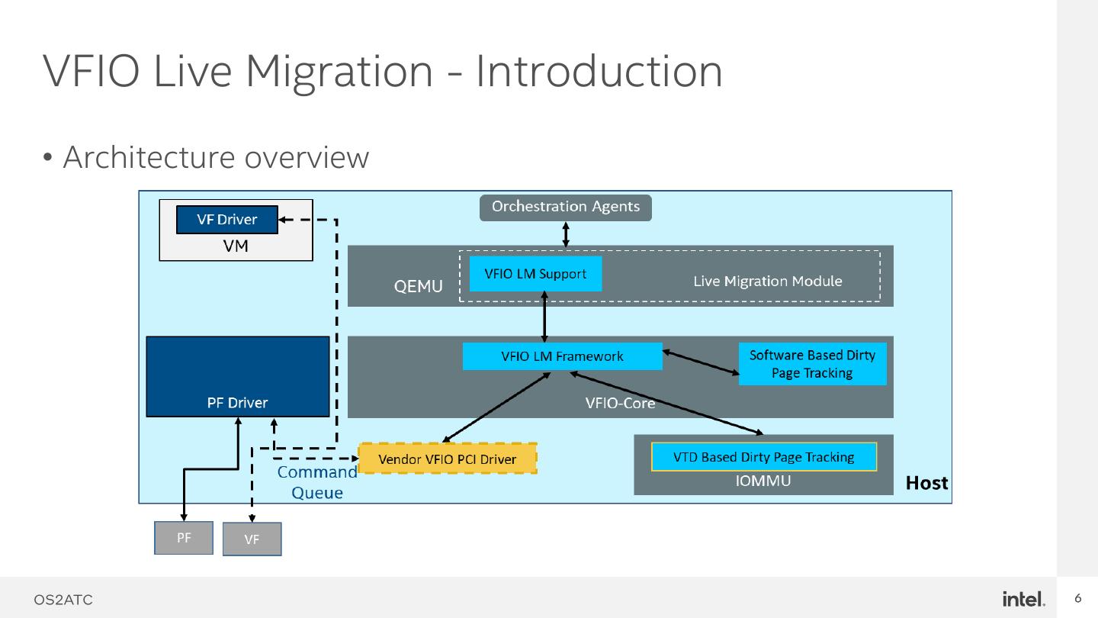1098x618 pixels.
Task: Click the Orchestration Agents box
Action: click(565, 208)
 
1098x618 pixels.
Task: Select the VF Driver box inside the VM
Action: click(227, 220)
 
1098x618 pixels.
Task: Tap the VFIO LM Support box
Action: click(535, 274)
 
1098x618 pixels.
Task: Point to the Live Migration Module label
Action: click(767, 282)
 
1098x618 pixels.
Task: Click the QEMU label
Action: click(418, 287)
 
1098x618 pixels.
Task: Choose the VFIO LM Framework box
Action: click(562, 356)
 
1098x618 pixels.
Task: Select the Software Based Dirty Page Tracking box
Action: click(812, 364)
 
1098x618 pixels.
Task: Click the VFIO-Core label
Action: click(620, 403)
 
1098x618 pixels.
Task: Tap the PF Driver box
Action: click(237, 377)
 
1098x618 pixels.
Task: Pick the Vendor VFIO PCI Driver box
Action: click(448, 459)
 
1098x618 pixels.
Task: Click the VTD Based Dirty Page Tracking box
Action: click(763, 457)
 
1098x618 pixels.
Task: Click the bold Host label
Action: click(926, 483)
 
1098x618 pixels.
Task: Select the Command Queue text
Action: click(317, 482)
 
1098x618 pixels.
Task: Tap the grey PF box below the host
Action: click(184, 538)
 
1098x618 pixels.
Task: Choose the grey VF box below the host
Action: click(252, 539)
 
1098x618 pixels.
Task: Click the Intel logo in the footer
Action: click(1023, 599)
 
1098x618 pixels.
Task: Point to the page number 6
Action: click(1078, 598)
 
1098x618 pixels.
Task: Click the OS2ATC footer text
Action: click(63, 600)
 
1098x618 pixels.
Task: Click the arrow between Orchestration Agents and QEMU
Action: click(566, 234)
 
